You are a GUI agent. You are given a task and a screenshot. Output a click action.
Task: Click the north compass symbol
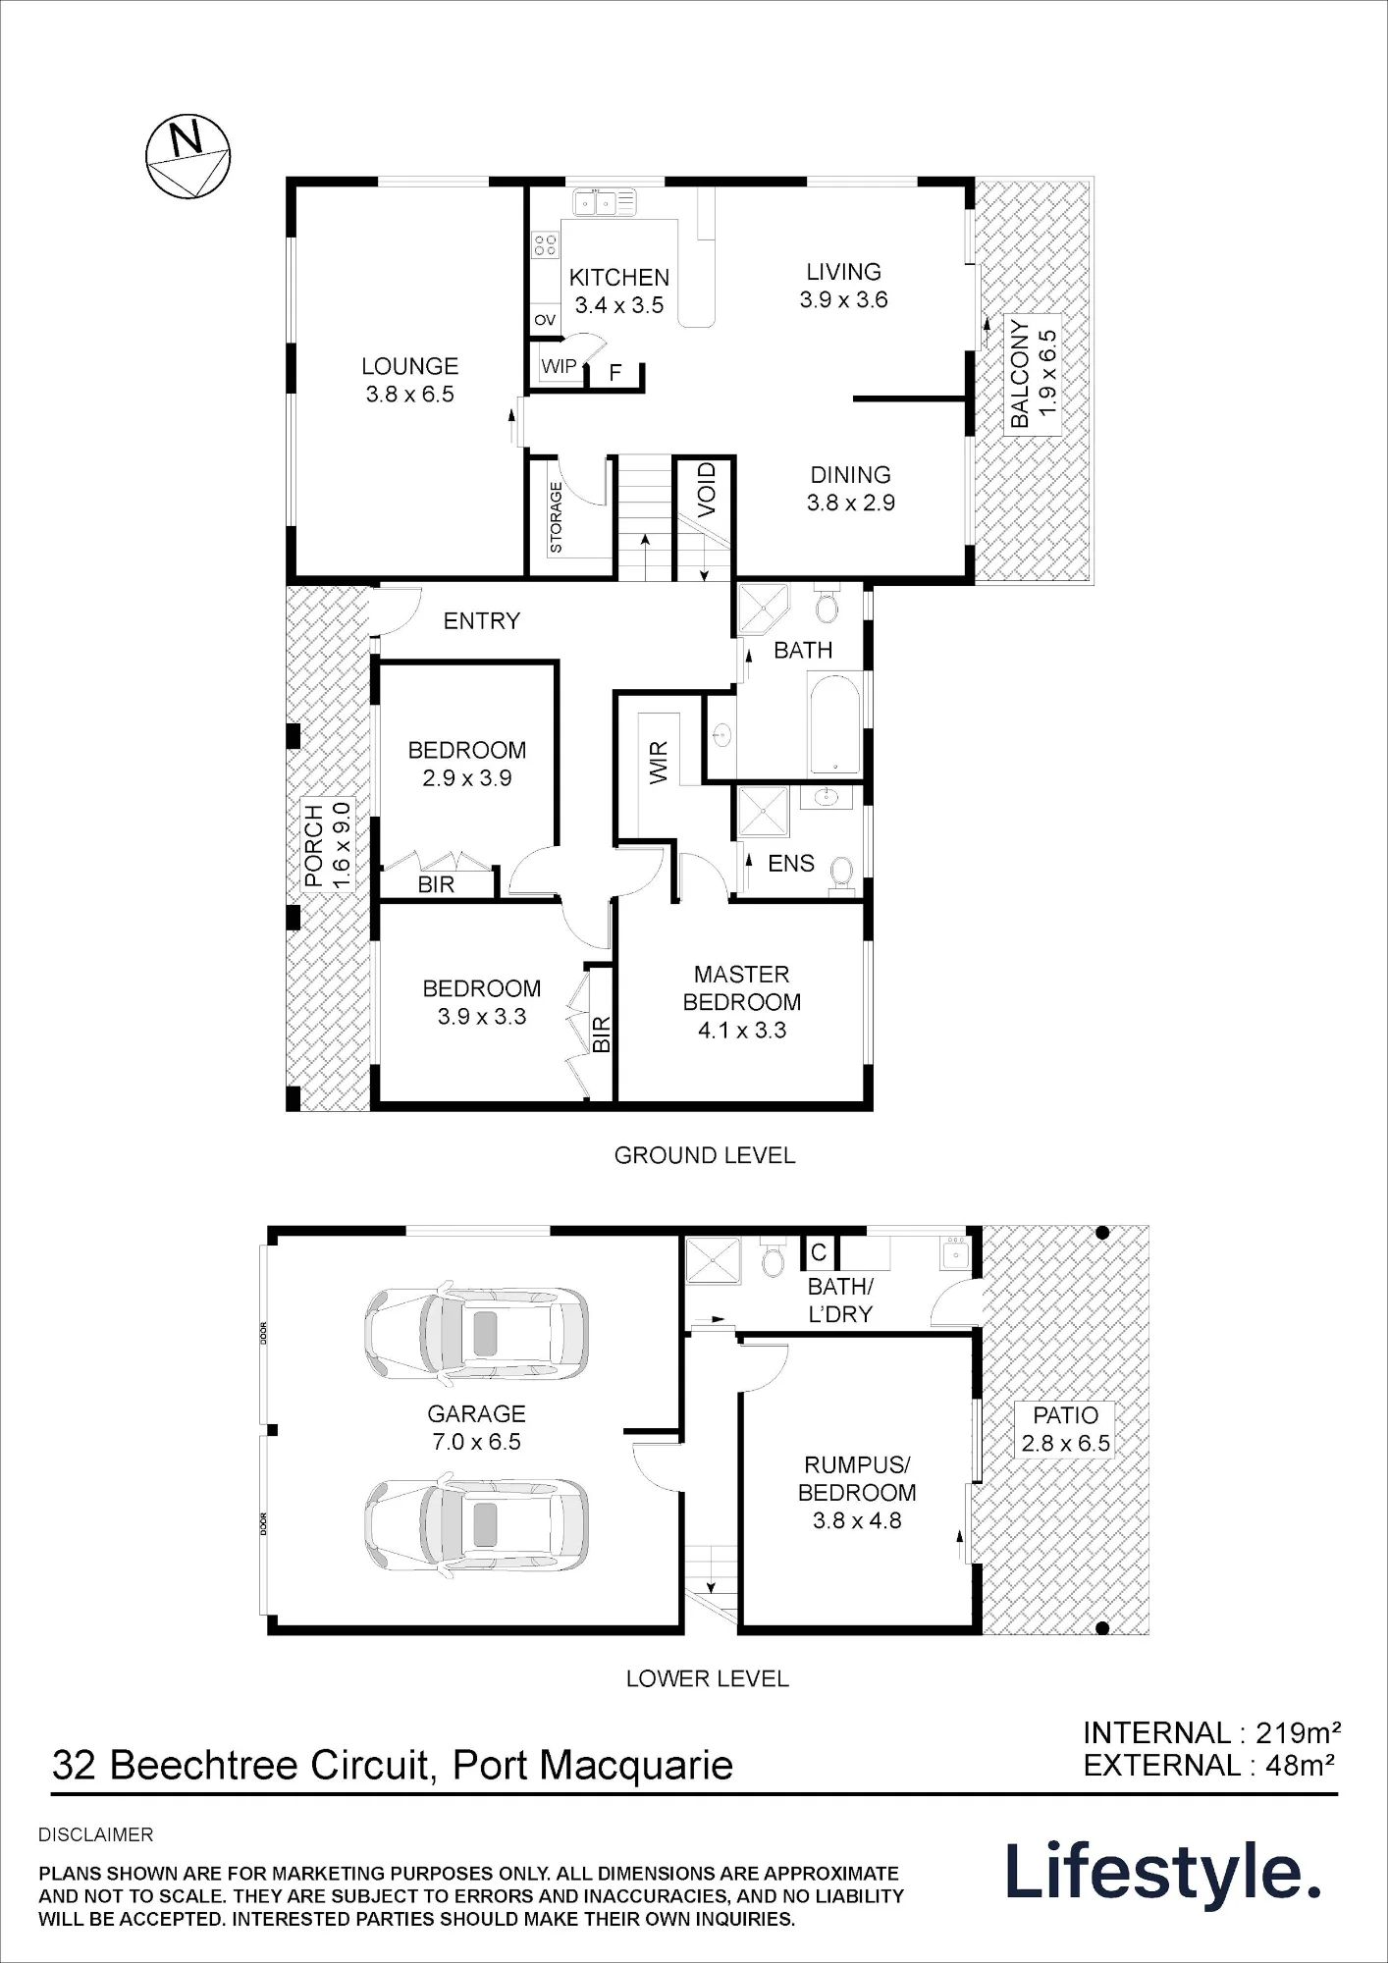(x=187, y=158)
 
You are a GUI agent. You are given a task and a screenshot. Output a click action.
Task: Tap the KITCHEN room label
(x=619, y=278)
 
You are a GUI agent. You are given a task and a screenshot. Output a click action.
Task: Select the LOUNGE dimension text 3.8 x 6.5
(x=410, y=395)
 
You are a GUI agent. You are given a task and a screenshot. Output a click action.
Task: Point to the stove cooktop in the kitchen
(x=545, y=244)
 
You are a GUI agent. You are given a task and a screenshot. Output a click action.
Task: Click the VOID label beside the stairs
(x=708, y=490)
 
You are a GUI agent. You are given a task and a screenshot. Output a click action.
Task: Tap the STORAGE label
(x=557, y=517)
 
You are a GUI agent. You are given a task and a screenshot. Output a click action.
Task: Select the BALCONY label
(x=1021, y=374)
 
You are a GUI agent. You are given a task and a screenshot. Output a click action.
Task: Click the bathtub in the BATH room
(x=833, y=723)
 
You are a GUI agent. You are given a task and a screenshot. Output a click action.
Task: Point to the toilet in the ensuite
(x=841, y=873)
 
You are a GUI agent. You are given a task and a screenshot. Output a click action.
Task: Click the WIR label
(x=659, y=763)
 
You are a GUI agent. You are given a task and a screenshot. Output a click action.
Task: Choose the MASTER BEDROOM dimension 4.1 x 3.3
(x=742, y=1031)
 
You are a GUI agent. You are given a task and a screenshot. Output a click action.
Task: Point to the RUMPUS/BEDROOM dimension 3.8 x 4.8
(x=857, y=1520)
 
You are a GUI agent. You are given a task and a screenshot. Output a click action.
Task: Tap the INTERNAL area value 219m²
(x=1299, y=1732)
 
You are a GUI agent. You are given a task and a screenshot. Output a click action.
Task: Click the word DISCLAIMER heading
(x=96, y=1834)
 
